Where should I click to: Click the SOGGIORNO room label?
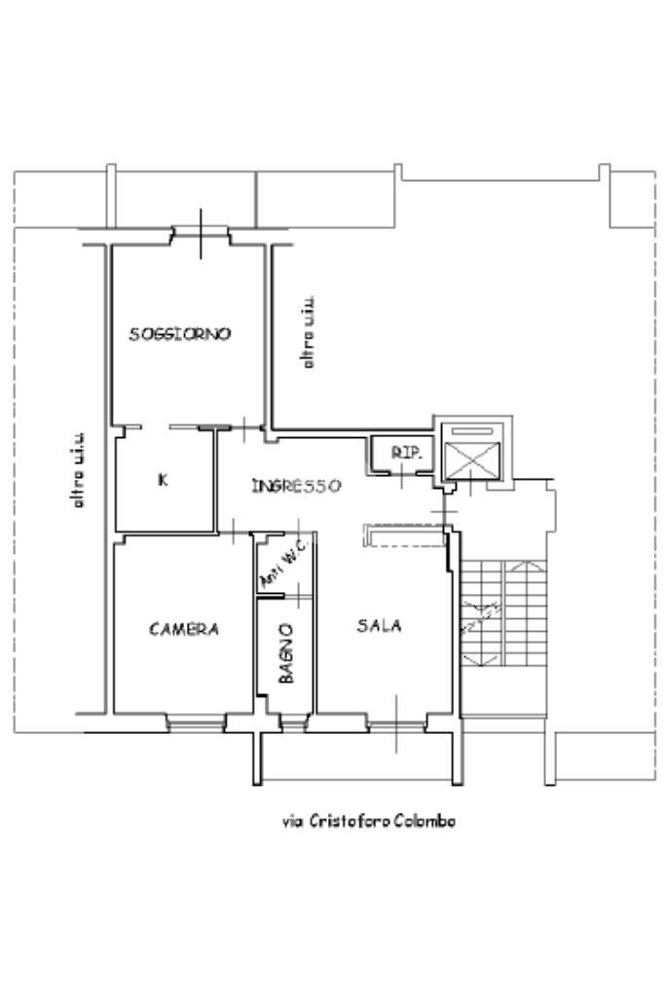180,334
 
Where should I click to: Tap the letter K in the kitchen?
163,479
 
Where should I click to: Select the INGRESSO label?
296,485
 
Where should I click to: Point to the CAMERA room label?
184,629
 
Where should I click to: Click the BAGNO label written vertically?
286,653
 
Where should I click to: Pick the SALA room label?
380,626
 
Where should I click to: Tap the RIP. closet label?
404,453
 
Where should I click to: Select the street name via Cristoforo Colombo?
369,821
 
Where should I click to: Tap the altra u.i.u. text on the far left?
79,470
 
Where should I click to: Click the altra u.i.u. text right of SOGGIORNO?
308,332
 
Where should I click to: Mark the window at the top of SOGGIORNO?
201,235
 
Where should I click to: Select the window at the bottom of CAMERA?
195,721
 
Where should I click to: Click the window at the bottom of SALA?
396,723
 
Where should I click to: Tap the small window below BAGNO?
289,721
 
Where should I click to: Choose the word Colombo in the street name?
425,821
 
